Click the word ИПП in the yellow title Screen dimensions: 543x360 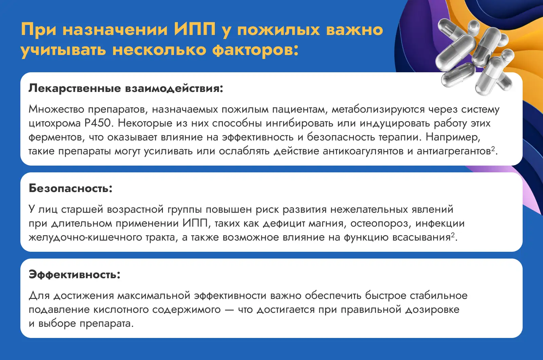[195, 30]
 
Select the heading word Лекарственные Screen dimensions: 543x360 [75, 88]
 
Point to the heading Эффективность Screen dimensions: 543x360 [74, 274]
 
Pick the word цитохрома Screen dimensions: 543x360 [55, 124]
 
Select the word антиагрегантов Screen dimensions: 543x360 [454, 151]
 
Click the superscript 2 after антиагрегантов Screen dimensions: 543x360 [493, 149]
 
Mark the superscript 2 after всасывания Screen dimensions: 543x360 [453, 235]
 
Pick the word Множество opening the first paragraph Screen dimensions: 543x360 [56, 109]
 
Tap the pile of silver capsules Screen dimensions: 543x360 [475, 56]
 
